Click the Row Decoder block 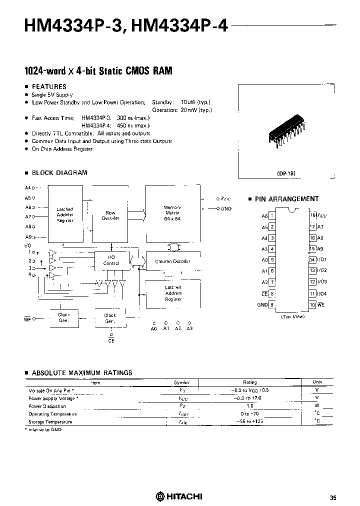pyautogui.click(x=110, y=215)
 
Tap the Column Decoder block pyautogui.click(x=171, y=261)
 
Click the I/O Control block pyautogui.click(x=111, y=260)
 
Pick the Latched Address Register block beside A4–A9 pyautogui.click(x=65, y=214)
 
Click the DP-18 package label pyautogui.click(x=286, y=173)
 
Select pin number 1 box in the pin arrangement pyautogui.click(x=272, y=215)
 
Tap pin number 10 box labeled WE pyautogui.click(x=311, y=304)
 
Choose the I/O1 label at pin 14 pyautogui.click(x=322, y=260)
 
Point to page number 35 pyautogui.click(x=333, y=497)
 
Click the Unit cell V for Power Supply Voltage pyautogui.click(x=317, y=398)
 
